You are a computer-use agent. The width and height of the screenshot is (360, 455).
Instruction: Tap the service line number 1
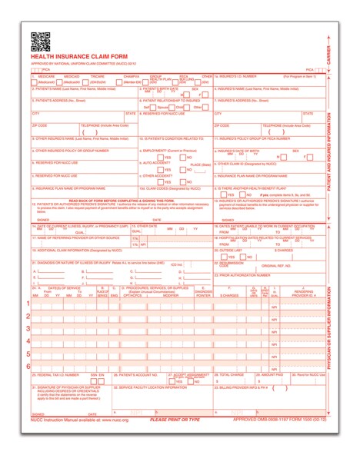pos(28,304)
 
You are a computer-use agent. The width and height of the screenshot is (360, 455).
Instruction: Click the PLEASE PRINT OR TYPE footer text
pos(175,420)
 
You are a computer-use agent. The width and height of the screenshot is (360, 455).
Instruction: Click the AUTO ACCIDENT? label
pos(155,162)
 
